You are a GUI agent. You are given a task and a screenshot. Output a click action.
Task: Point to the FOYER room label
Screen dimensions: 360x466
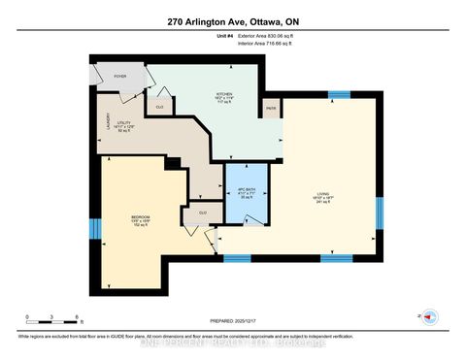[x=121, y=75]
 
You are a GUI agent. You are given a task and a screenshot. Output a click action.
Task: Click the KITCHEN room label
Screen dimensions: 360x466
[x=224, y=95]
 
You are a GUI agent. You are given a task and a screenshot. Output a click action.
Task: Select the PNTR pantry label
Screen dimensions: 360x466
[x=269, y=109]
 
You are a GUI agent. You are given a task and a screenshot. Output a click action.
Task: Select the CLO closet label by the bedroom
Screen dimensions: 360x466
[x=203, y=212]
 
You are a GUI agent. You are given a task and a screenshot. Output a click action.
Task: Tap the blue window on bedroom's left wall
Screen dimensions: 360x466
[x=94, y=229]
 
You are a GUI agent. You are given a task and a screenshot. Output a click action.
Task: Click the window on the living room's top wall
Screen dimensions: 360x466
[x=337, y=94]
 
